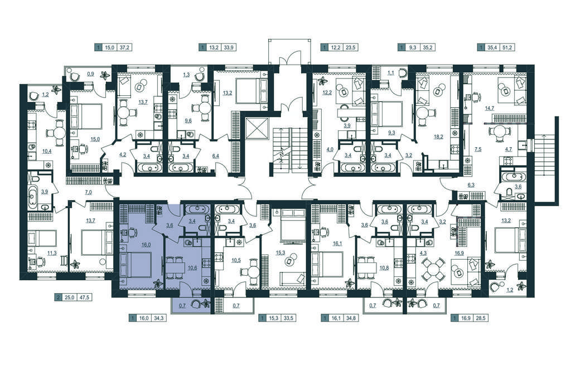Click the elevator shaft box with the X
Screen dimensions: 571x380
(x=257, y=129)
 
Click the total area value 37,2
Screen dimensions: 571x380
(x=124, y=47)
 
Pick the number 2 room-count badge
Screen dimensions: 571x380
(x=57, y=298)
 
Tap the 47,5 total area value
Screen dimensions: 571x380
(x=84, y=298)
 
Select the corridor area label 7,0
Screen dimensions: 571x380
(x=88, y=192)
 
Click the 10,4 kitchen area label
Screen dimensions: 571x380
(x=47, y=150)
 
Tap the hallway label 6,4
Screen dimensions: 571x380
(x=215, y=156)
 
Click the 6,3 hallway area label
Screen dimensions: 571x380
(x=471, y=185)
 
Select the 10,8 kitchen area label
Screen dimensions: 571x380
(x=384, y=268)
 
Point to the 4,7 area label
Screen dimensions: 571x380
(x=509, y=149)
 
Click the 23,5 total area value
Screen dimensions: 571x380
(x=350, y=47)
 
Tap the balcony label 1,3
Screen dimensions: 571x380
(x=186, y=75)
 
